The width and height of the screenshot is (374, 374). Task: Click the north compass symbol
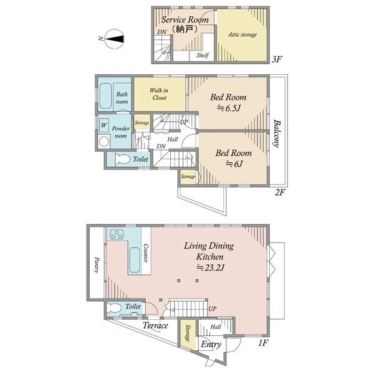click(115, 39)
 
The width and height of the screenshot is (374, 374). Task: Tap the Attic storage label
click(242, 35)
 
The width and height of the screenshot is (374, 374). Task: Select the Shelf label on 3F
click(203, 55)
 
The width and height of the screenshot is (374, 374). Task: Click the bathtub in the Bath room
click(105, 96)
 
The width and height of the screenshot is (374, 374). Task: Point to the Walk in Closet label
click(159, 94)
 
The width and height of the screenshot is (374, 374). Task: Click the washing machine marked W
click(103, 125)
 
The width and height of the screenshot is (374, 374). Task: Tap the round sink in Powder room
click(103, 141)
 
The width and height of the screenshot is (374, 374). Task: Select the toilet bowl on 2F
click(123, 159)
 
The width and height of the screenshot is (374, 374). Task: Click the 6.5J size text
click(228, 108)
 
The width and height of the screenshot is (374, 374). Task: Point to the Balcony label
click(277, 133)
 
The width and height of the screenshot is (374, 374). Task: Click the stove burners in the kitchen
click(117, 234)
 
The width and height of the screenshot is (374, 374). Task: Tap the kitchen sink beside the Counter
click(135, 260)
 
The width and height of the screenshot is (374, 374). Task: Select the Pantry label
click(97, 265)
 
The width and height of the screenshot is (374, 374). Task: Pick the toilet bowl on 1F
click(114, 308)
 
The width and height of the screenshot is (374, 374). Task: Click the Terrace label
click(155, 325)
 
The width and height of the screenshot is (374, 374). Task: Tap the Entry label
click(211, 345)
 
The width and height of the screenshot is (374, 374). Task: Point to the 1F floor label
click(263, 343)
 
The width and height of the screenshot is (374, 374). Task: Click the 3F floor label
click(277, 59)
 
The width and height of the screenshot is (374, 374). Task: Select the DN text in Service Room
click(162, 32)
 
